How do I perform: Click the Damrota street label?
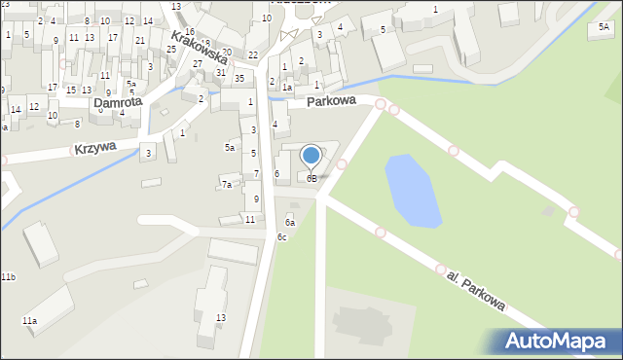(x=117, y=101)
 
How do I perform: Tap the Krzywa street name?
(x=94, y=148)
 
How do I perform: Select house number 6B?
(x=311, y=179)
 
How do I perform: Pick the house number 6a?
(x=290, y=223)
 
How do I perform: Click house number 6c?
(x=281, y=237)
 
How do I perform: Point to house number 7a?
(x=227, y=184)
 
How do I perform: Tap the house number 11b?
(x=8, y=277)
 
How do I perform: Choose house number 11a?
(x=29, y=320)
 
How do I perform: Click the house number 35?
(x=238, y=78)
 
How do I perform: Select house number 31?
(x=221, y=73)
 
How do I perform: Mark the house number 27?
(x=198, y=64)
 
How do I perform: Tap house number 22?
(x=253, y=55)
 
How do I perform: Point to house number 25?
(x=171, y=49)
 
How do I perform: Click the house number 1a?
(x=287, y=87)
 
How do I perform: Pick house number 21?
(x=140, y=40)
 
